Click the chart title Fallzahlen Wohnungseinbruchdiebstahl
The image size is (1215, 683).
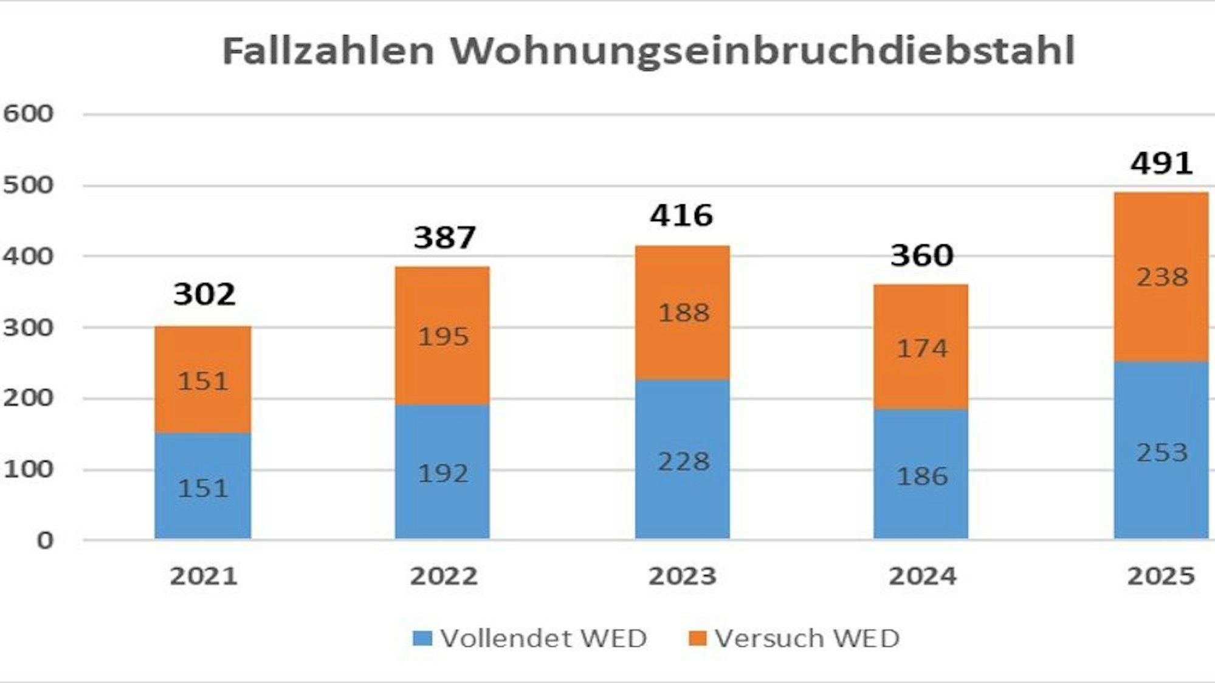pyautogui.click(x=649, y=50)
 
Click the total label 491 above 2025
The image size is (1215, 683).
pyautogui.click(x=1161, y=163)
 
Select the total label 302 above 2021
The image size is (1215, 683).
pyautogui.click(x=204, y=295)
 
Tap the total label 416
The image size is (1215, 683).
pyautogui.click(x=681, y=216)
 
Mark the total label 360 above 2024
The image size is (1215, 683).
pyautogui.click(x=922, y=256)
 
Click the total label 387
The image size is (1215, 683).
pyautogui.click(x=444, y=238)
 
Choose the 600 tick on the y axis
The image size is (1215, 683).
pyautogui.click(x=28, y=114)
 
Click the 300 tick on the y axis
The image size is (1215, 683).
pyautogui.click(x=28, y=328)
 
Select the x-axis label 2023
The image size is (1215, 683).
pyautogui.click(x=682, y=576)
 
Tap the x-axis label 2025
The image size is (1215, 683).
pyautogui.click(x=1161, y=576)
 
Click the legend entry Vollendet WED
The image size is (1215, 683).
pyautogui.click(x=529, y=639)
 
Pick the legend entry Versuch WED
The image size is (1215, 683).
pyautogui.click(x=793, y=639)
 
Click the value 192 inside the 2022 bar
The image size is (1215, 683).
pyautogui.click(x=443, y=473)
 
